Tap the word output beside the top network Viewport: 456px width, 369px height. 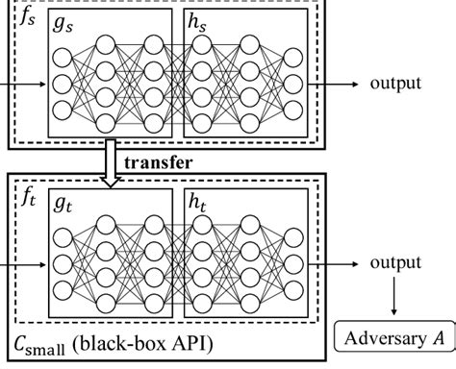point(395,83)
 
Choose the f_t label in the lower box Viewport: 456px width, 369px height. point(30,201)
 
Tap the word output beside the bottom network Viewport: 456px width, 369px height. point(395,263)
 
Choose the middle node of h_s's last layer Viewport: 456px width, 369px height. point(293,84)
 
